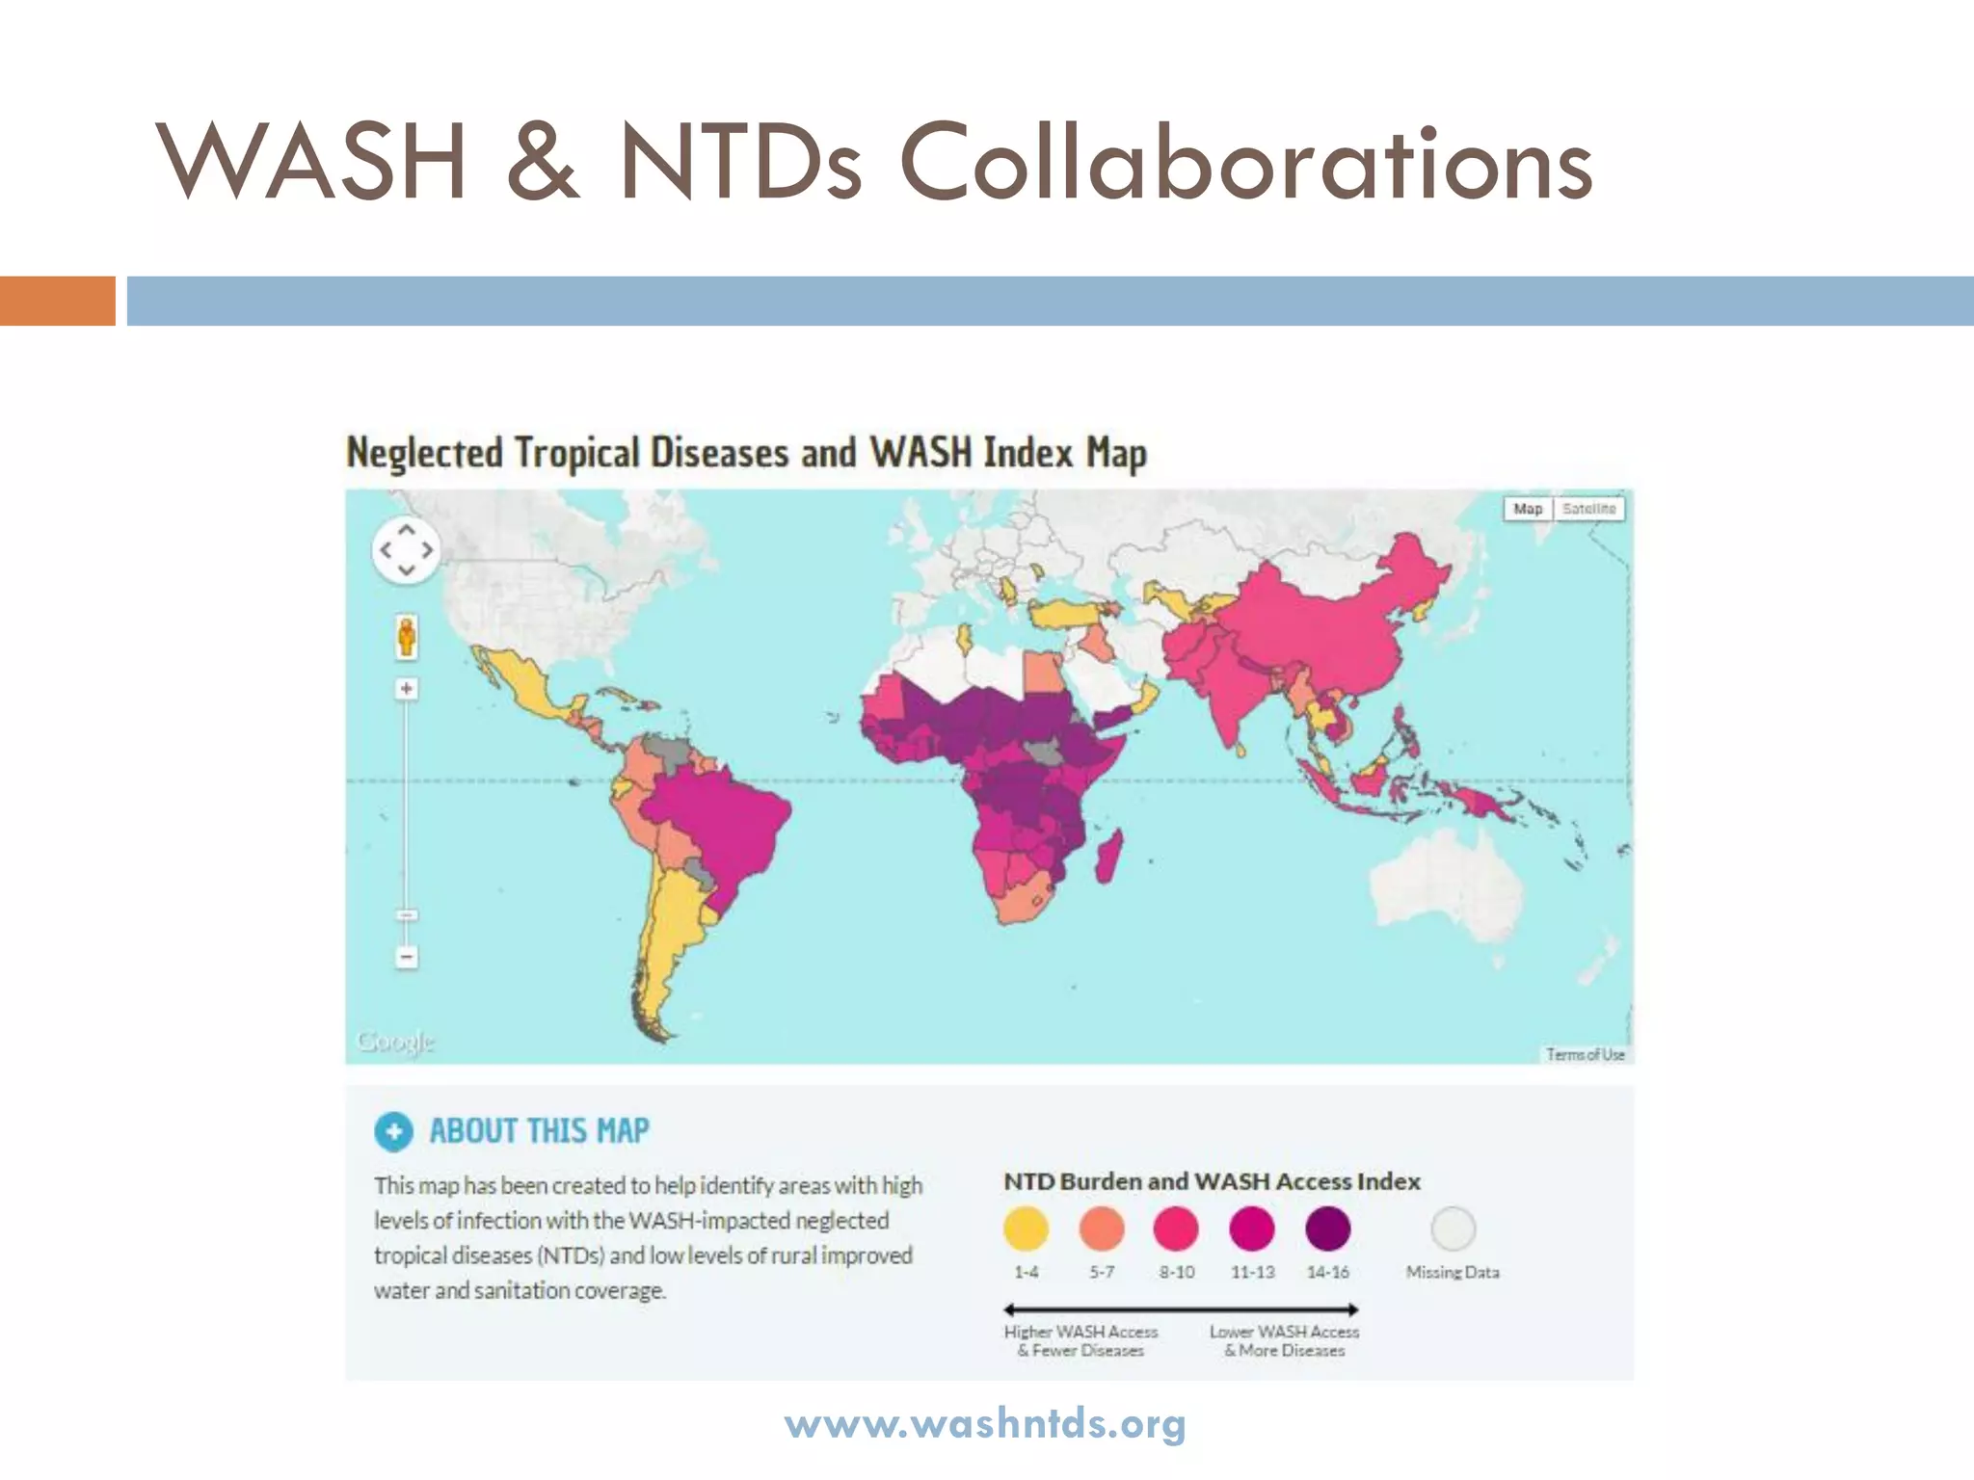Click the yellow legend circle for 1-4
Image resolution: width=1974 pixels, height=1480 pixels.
[x=1026, y=1229]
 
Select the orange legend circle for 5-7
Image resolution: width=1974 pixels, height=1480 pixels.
[x=1102, y=1229]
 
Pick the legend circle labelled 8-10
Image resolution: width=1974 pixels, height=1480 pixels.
[x=1176, y=1229]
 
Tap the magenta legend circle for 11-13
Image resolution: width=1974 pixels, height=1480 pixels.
[x=1252, y=1229]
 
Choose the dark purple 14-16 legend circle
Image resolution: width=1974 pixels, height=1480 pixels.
[x=1327, y=1229]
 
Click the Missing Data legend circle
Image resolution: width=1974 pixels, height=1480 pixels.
[x=1453, y=1229]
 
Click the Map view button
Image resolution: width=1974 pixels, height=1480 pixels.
[x=1528, y=509]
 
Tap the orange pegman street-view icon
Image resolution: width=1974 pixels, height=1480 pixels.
[x=407, y=637]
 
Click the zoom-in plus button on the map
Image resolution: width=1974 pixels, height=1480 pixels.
[x=407, y=689]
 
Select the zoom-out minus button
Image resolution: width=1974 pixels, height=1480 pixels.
[x=407, y=957]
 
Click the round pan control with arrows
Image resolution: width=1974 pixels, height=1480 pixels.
[x=406, y=550]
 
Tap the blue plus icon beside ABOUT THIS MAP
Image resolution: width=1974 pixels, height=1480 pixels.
[x=393, y=1131]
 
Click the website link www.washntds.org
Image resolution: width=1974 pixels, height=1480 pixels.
[x=985, y=1423]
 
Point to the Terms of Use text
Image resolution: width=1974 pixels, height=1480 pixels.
[x=1586, y=1054]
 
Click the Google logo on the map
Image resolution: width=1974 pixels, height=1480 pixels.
[x=395, y=1042]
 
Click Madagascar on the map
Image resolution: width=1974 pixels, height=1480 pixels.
[x=1109, y=858]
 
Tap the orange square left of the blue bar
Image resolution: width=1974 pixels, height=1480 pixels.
[x=57, y=301]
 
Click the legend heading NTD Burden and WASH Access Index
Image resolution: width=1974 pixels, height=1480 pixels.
[x=1212, y=1181]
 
